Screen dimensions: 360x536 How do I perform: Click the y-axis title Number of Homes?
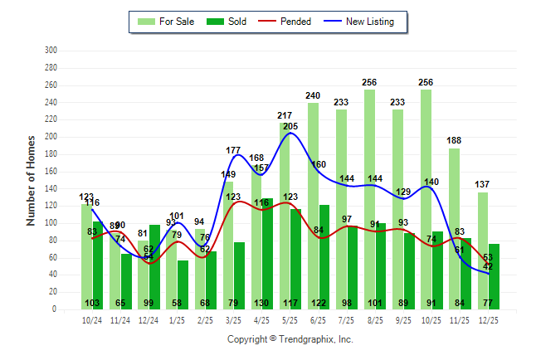tap(32, 180)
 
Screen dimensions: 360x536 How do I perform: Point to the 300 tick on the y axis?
tap(51, 51)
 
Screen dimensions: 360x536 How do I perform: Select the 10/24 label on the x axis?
tap(93, 319)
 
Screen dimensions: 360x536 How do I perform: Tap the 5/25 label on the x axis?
tap(290, 319)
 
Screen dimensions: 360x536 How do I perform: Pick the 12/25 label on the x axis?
tap(489, 319)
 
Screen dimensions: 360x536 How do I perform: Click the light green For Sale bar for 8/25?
tap(369, 199)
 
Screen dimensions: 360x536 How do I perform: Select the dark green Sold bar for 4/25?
tap(267, 253)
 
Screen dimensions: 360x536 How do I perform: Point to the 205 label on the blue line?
tap(290, 126)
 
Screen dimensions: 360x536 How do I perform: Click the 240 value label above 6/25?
tap(312, 95)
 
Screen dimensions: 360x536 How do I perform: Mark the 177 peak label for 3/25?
tap(233, 150)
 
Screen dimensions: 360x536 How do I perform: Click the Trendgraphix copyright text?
tap(290, 339)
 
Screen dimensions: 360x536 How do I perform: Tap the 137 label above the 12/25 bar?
tap(482, 184)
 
